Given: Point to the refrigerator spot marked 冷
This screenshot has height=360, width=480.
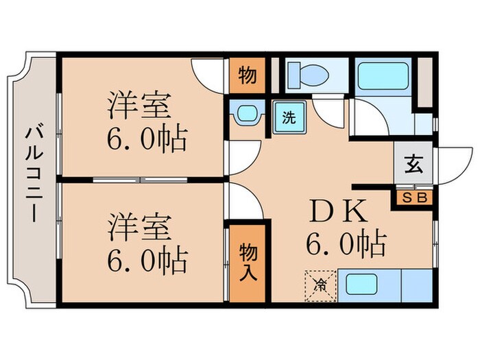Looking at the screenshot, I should click(x=320, y=284).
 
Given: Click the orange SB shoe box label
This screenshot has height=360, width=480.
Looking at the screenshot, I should click(x=413, y=197).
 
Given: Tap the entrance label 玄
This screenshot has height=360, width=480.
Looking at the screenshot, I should click(x=413, y=167).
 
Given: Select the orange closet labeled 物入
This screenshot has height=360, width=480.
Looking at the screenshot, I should click(x=247, y=263).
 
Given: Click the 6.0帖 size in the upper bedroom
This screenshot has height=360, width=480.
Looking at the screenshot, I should click(x=146, y=141).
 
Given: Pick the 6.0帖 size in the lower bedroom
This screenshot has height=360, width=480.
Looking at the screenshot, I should click(x=146, y=261).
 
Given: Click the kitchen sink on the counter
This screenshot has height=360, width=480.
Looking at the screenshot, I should click(x=362, y=285).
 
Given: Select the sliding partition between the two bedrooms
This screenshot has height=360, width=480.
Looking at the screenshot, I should click(x=141, y=180).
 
